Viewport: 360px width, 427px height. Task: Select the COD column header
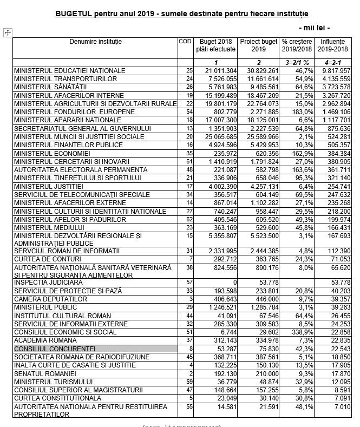click(x=185, y=42)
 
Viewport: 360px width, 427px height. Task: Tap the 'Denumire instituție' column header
click(x=95, y=42)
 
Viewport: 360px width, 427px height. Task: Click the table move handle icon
click(x=8, y=33)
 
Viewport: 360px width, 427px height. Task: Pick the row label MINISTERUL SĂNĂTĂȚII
click(x=50, y=87)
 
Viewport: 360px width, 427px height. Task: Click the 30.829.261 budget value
click(x=259, y=71)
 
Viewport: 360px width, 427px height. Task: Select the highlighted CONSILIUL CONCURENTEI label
click(x=55, y=349)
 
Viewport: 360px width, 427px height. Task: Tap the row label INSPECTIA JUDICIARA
click(x=48, y=283)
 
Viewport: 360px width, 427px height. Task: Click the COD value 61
click(x=189, y=161)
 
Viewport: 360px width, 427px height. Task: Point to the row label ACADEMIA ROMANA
click(x=43, y=340)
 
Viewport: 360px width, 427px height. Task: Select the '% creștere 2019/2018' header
click(x=297, y=45)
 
